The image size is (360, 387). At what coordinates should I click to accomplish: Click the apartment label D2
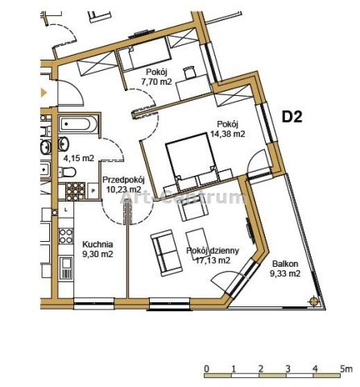point(292,117)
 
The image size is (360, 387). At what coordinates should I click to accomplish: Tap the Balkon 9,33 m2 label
point(285,268)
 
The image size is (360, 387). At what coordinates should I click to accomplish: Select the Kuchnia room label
point(97,244)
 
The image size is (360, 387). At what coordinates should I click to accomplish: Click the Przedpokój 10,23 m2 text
point(124,185)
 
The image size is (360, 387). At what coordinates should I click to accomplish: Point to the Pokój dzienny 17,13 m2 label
point(213,256)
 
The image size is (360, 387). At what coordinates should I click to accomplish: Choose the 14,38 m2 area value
point(228,134)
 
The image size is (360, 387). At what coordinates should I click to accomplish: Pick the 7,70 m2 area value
point(156,81)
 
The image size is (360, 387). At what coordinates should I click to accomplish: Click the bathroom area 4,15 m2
point(79,158)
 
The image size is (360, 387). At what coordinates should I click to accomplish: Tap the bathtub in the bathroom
point(78,124)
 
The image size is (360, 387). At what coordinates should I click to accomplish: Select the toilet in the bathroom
point(67,172)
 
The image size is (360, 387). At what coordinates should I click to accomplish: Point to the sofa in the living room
point(167,252)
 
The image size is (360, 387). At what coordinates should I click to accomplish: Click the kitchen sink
point(66,268)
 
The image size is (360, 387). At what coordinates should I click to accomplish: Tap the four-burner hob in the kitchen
point(66,236)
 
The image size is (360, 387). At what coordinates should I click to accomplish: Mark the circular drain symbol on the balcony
point(314,301)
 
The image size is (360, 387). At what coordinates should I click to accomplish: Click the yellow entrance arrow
point(43,93)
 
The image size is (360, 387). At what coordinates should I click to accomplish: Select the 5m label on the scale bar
point(346,368)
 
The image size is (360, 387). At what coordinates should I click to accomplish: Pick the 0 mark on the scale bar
point(206,368)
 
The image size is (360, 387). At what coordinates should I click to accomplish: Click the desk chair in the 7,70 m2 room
point(189,73)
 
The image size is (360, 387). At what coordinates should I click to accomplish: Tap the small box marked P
point(93,190)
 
